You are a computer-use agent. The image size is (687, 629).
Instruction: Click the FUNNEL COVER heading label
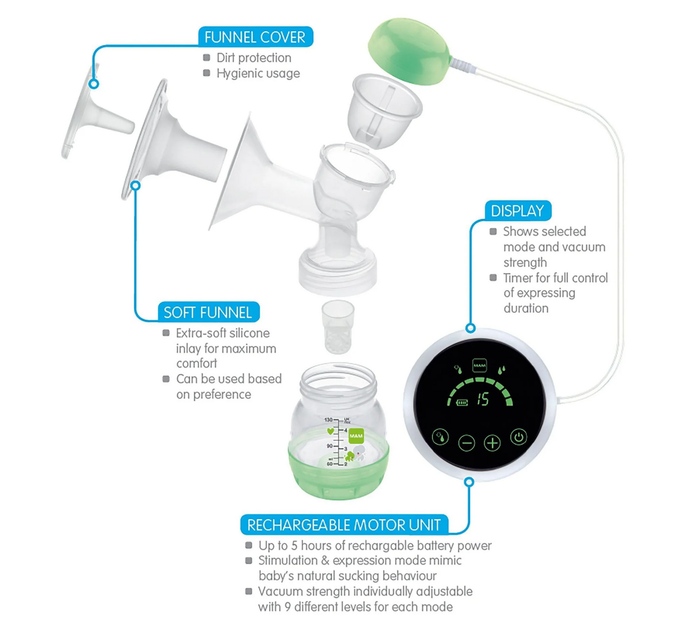255,37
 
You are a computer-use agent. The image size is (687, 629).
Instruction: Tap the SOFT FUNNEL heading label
208,312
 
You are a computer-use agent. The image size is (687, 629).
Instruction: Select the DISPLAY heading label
518,211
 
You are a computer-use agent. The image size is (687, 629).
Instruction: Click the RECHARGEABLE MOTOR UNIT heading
344,525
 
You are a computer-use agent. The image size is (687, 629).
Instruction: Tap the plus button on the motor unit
492,443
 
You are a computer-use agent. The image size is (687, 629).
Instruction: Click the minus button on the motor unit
466,443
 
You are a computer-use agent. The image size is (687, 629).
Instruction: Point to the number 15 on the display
483,399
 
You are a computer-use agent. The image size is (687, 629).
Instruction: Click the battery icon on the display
462,403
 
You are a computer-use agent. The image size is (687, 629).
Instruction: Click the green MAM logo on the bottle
356,436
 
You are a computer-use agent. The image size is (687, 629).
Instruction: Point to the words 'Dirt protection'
254,58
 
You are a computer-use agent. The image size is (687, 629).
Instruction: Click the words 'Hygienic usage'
258,73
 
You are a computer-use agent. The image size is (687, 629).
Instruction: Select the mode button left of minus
440,437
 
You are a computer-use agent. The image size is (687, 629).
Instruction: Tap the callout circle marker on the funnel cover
94,84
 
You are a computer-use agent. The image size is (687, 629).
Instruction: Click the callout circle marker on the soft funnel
135,185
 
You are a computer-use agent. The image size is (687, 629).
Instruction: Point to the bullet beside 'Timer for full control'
493,277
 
